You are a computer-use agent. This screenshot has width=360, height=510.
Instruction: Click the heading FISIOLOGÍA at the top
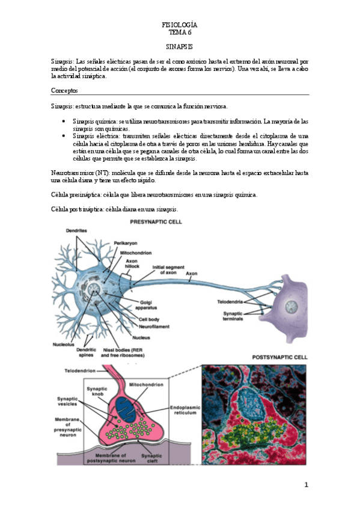(x=180, y=25)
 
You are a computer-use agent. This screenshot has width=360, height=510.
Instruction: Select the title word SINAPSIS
(x=180, y=46)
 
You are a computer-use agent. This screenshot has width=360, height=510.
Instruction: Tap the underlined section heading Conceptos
(x=65, y=90)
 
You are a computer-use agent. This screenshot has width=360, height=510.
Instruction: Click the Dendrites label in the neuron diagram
(x=77, y=231)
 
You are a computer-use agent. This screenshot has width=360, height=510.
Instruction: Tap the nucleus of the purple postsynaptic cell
(x=291, y=309)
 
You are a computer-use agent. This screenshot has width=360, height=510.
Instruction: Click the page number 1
(x=306, y=485)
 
